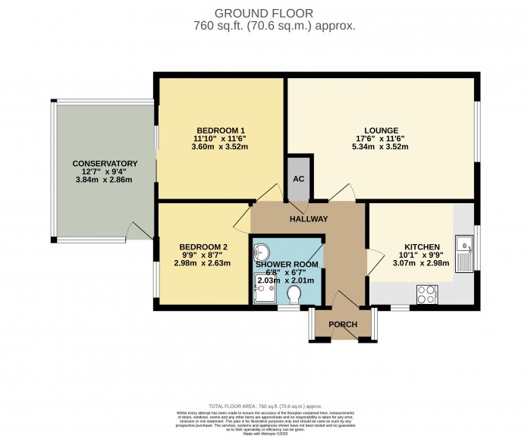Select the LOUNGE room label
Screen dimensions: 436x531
[x=380, y=130]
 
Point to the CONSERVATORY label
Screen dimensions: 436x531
[x=105, y=163]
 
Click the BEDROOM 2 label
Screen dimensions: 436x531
[x=203, y=246]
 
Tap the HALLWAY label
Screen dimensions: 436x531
[x=308, y=219]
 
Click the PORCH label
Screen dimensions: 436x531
[x=341, y=325]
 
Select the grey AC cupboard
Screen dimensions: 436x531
[x=299, y=180]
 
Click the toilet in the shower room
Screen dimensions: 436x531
[x=294, y=293]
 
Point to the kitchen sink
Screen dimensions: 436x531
[x=463, y=247]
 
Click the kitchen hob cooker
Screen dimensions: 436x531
[x=425, y=292]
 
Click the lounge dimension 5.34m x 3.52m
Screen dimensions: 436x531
[x=380, y=147]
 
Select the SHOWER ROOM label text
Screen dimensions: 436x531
[x=287, y=264]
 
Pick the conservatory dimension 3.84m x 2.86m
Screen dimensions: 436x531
[x=105, y=180]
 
